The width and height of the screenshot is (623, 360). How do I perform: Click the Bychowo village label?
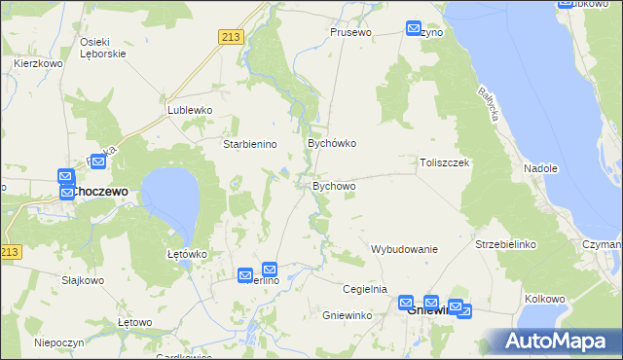(x=334, y=185)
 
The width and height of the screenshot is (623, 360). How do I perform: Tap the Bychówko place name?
(x=332, y=143)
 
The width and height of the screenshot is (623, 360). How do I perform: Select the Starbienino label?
(x=251, y=144)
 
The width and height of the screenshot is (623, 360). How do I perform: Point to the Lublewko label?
(x=190, y=110)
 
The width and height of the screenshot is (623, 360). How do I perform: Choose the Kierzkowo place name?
(x=34, y=63)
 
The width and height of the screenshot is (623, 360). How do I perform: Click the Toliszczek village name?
(x=445, y=162)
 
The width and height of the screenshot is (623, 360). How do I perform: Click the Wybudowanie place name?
(x=404, y=249)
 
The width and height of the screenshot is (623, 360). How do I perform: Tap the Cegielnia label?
(x=365, y=289)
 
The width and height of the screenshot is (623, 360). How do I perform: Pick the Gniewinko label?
(x=348, y=316)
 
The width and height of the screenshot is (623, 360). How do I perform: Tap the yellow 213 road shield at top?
(x=230, y=37)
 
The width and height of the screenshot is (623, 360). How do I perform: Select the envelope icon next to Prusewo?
(x=414, y=29)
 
